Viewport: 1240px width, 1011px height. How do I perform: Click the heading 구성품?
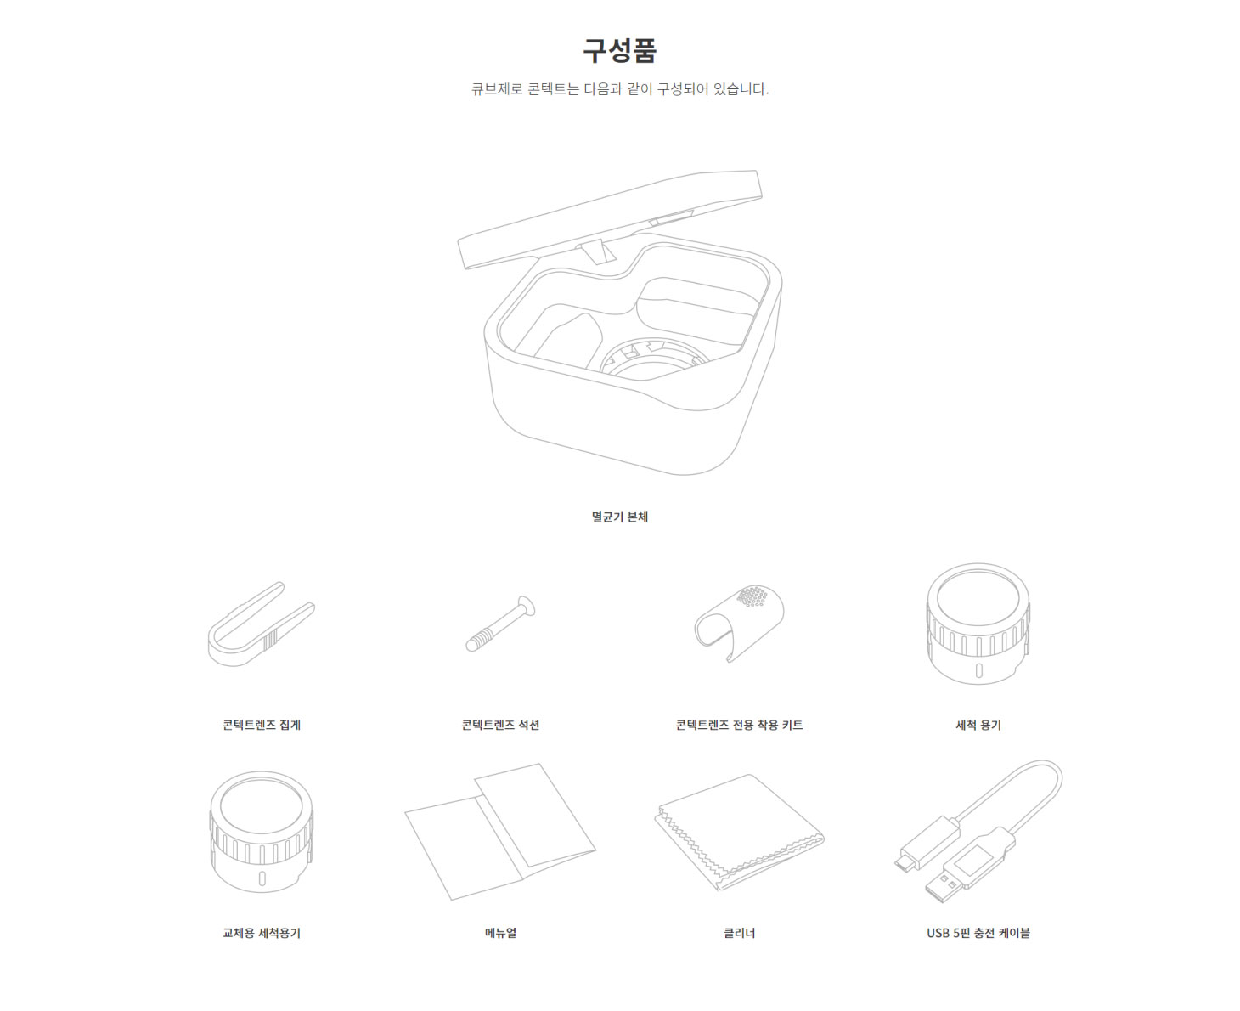click(x=619, y=50)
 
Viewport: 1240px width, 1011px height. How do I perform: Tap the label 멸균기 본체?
click(x=619, y=517)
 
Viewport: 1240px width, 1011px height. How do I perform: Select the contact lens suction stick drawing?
click(x=500, y=624)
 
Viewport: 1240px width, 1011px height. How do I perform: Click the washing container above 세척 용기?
click(x=978, y=623)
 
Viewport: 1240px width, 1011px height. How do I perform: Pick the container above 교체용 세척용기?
click(x=262, y=832)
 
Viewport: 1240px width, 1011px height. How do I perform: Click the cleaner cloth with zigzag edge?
click(x=740, y=832)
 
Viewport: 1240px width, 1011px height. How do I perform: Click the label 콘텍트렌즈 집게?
click(x=262, y=725)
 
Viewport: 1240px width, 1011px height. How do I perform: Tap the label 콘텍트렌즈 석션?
click(x=500, y=725)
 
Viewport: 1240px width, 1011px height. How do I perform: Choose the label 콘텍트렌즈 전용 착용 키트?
click(x=739, y=725)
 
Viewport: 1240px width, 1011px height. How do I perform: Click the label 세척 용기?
click(x=978, y=725)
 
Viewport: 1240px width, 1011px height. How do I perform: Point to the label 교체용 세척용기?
click(x=262, y=932)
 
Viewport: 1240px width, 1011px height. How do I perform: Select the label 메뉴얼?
click(x=500, y=932)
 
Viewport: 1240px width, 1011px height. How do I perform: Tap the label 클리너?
click(x=739, y=932)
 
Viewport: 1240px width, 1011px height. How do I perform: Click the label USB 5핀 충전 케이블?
click(x=978, y=932)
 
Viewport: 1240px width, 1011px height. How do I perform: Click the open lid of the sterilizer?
click(x=610, y=219)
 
